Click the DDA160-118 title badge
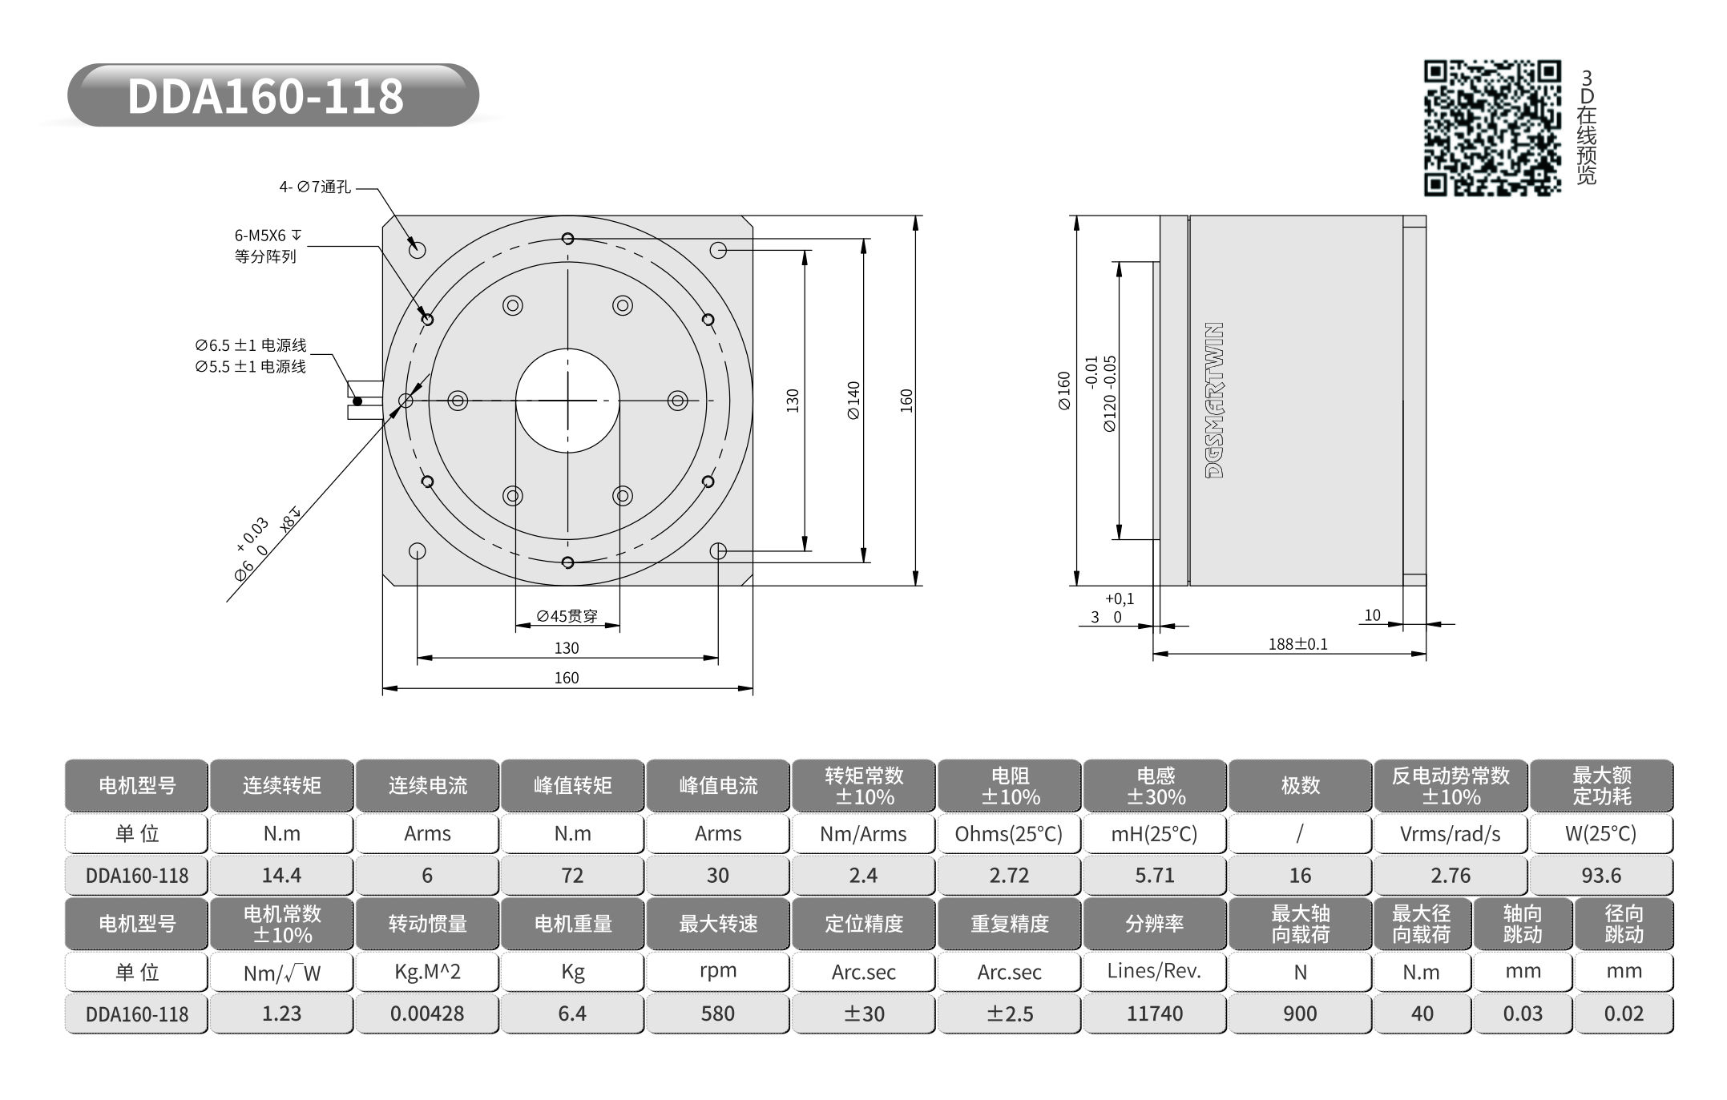272,95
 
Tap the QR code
1492,127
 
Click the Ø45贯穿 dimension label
567,615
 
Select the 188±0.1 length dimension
1298,644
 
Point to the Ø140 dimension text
853,400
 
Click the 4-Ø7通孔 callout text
315,187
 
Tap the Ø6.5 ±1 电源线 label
251,345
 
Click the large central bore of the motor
567,401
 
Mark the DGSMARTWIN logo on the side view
1215,401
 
